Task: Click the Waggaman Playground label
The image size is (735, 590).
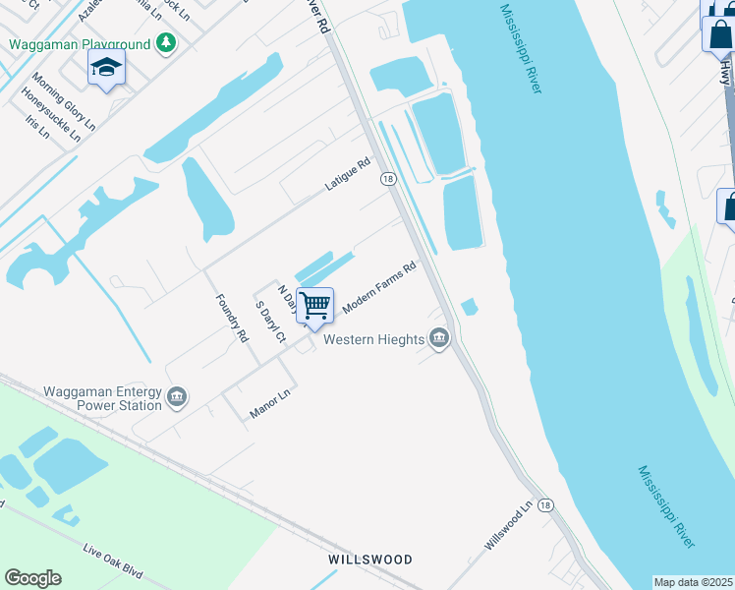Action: (x=80, y=44)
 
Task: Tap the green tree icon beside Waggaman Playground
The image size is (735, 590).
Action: (x=166, y=42)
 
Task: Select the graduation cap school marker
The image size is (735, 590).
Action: (x=106, y=68)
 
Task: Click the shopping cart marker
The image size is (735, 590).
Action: (x=314, y=306)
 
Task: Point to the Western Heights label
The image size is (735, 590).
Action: (x=373, y=340)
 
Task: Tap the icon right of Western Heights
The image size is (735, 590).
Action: (x=439, y=340)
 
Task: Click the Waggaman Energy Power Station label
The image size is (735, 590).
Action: (x=103, y=397)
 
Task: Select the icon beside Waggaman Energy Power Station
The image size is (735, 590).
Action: (x=177, y=397)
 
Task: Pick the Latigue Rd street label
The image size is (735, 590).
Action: (x=348, y=175)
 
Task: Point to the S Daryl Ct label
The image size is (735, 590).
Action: (x=270, y=324)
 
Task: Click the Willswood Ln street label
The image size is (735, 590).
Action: (x=507, y=525)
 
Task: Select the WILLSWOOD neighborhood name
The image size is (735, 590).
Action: (x=369, y=560)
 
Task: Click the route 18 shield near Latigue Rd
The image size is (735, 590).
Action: (x=389, y=179)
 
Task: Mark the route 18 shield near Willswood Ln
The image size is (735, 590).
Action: (x=545, y=504)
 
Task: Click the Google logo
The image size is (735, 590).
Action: (x=32, y=578)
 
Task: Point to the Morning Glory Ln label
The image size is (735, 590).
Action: (x=63, y=101)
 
